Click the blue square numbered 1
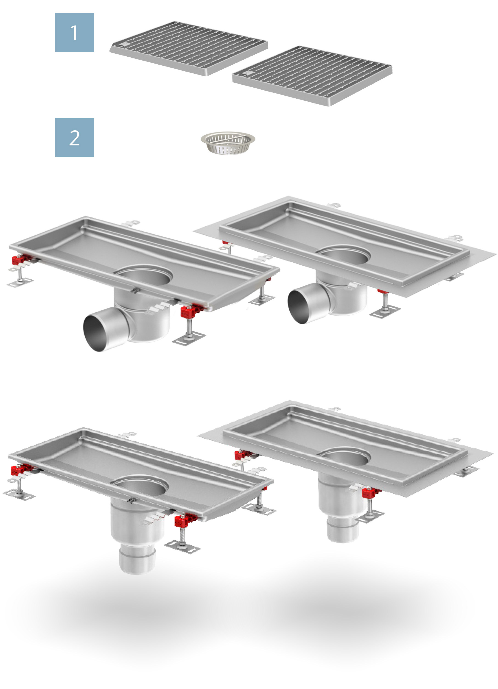(x=75, y=33)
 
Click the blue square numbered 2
(x=75, y=137)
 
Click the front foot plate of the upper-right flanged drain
(x=385, y=311)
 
